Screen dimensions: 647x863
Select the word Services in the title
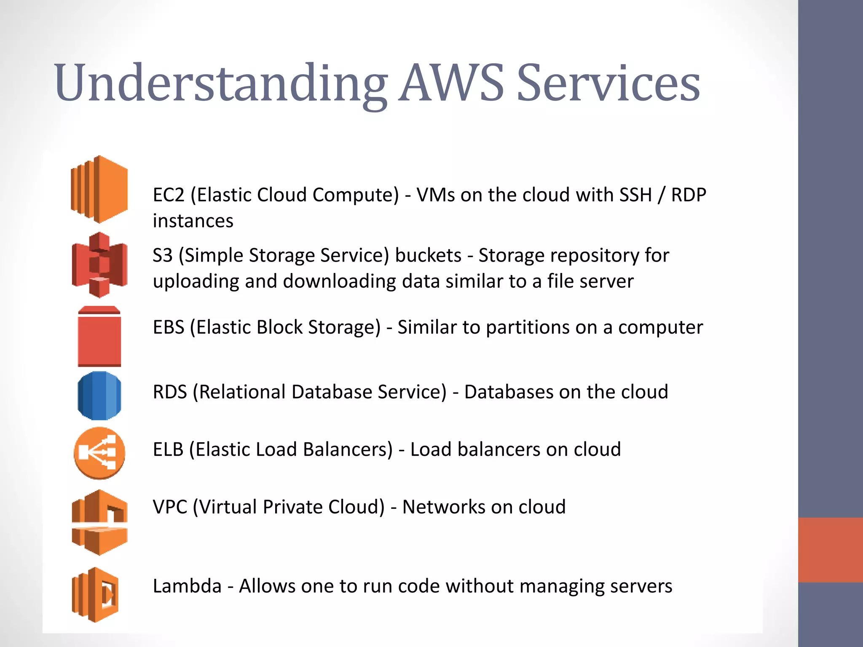[608, 83]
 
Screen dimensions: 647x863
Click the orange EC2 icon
[99, 189]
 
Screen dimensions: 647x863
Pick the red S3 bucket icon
[99, 265]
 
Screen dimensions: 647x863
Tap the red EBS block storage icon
[99, 337]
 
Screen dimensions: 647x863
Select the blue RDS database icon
[99, 396]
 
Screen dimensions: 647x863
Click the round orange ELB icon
[99, 453]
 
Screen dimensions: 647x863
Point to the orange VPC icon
[99, 522]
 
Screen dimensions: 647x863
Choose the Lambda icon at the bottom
[95, 595]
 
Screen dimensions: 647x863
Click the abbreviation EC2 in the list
[169, 195]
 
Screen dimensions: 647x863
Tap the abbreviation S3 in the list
[163, 256]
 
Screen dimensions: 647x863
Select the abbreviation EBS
[169, 327]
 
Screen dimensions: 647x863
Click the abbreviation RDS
[170, 392]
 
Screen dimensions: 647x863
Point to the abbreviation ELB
[168, 449]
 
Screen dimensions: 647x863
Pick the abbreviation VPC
[170, 507]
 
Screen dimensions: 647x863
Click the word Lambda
[187, 586]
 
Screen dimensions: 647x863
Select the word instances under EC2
[193, 221]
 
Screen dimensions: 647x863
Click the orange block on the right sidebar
[830, 550]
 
